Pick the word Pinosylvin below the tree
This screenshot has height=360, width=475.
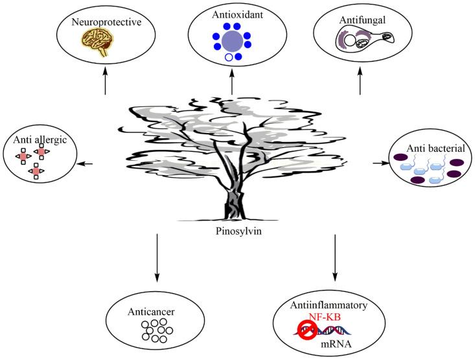coord(235,230)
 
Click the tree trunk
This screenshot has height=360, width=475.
coord(234,198)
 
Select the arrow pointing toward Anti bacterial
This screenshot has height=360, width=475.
coord(378,163)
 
